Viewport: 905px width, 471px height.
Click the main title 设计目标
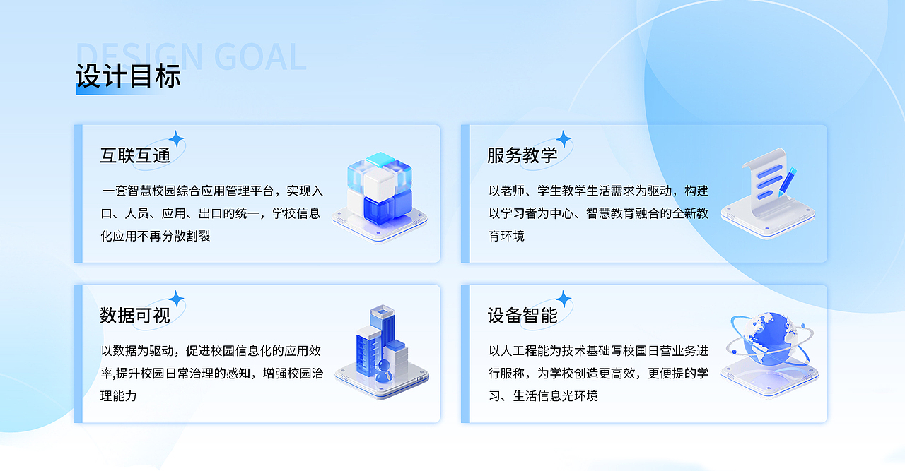[x=128, y=76]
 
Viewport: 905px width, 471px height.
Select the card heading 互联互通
[x=135, y=155]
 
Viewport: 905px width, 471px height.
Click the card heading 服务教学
[x=522, y=155]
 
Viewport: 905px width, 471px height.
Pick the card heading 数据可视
[x=135, y=315]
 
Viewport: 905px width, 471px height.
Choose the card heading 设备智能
[x=522, y=315]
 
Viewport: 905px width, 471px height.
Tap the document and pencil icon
[x=768, y=191]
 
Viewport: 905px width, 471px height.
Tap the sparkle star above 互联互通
[x=177, y=138]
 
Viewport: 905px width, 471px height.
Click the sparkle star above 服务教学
[x=564, y=138]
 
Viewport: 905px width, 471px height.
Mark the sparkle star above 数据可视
[x=177, y=299]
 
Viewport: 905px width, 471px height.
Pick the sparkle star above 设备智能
[x=564, y=299]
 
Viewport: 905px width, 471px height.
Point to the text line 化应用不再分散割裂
[x=156, y=236]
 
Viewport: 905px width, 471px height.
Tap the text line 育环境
[x=506, y=236]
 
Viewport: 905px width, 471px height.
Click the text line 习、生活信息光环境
[x=543, y=395]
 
